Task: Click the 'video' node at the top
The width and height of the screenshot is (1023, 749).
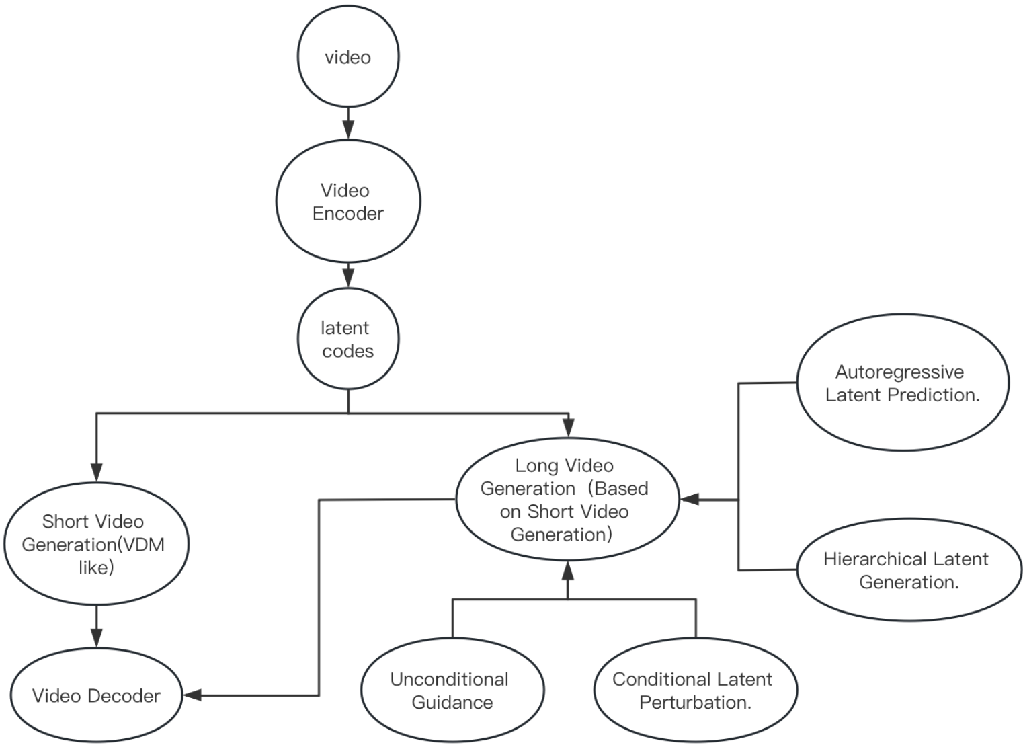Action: [x=348, y=57]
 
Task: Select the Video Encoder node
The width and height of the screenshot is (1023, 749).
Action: [x=348, y=202]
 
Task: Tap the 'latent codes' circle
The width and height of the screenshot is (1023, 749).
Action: [x=348, y=339]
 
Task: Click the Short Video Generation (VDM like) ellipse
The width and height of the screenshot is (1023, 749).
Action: [x=95, y=545]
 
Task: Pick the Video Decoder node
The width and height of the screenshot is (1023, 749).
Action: [x=96, y=695]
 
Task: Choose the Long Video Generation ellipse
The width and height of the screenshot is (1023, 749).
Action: [x=567, y=500]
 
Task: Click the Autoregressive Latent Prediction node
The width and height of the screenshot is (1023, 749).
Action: [x=902, y=383]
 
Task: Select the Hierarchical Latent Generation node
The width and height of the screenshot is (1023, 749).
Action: [x=908, y=570]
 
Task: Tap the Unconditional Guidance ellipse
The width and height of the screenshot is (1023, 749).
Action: [x=452, y=691]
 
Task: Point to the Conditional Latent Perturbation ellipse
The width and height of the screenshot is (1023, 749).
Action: [x=695, y=691]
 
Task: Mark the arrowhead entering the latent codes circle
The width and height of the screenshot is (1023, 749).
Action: [x=348, y=276]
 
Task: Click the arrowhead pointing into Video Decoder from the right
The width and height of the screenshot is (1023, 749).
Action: [x=194, y=695]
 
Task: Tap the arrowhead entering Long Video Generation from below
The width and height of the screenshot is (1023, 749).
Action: [x=568, y=572]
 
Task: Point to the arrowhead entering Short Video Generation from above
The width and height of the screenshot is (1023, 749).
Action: [x=96, y=473]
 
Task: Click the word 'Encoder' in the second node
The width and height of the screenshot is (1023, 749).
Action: [x=348, y=214]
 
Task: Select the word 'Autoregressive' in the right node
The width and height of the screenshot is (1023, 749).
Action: [x=899, y=372]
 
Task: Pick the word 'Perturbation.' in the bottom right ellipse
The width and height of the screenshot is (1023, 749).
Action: [x=695, y=703]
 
